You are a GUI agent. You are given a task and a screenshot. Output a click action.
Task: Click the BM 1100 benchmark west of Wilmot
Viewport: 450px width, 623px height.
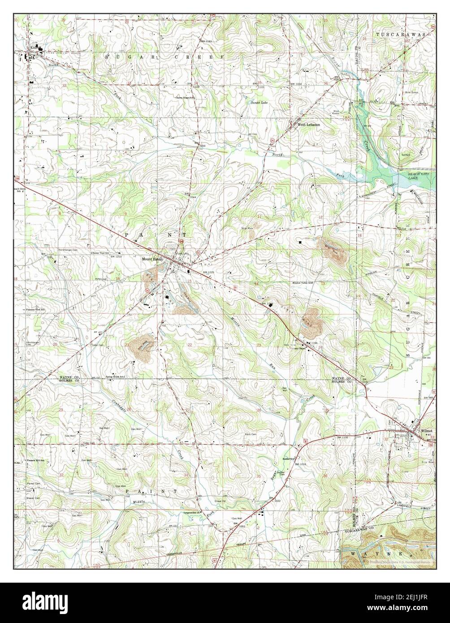[x=342, y=437]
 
